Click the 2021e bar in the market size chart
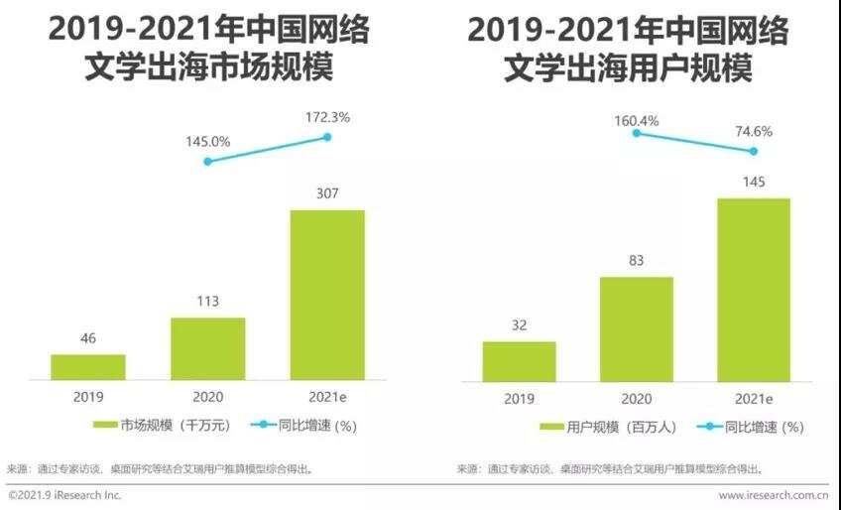pyautogui.click(x=326, y=295)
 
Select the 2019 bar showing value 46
pyautogui.click(x=88, y=367)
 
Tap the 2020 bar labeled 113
pyautogui.click(x=207, y=348)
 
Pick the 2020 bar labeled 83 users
pyautogui.click(x=636, y=328)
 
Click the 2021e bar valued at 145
pyautogui.click(x=754, y=289)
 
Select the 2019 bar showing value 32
pyautogui.click(x=519, y=361)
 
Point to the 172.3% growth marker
pyautogui.click(x=327, y=137)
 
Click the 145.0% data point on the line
pyautogui.click(x=207, y=161)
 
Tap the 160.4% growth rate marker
pyautogui.click(x=636, y=132)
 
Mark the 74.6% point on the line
pyautogui.click(x=754, y=151)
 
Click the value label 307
pyautogui.click(x=326, y=194)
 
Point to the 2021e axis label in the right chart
pyautogui.click(x=754, y=397)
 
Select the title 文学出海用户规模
pyautogui.click(x=628, y=69)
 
